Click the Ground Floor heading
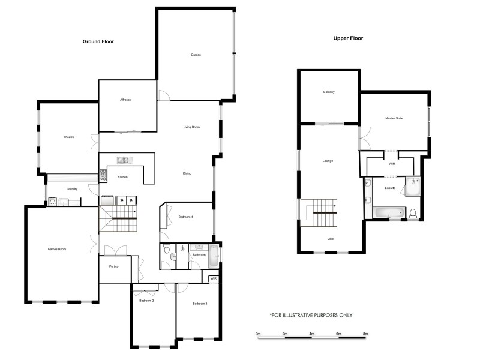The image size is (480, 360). tap(98, 41)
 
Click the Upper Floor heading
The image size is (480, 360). tap(348, 38)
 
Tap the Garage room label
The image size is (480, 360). tap(196, 55)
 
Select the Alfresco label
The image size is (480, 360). tap(125, 99)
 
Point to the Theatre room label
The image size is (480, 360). tap(68, 137)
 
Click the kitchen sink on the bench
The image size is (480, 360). tap(124, 160)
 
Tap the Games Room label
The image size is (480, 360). tap(56, 248)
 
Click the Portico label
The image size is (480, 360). tap(113, 266)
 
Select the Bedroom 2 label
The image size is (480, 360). tap(147, 300)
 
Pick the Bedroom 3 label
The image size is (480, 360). tap(200, 304)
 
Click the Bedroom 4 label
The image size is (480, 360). tap(186, 217)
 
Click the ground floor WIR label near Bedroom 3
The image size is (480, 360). tap(213, 278)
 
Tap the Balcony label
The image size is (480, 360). tap(329, 92)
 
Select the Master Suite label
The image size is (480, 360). tap(394, 118)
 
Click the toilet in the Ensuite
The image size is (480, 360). tap(413, 212)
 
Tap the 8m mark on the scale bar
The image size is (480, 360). tap(365, 333)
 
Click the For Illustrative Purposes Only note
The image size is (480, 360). tap(311, 315)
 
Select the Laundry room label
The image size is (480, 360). tap(72, 189)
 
